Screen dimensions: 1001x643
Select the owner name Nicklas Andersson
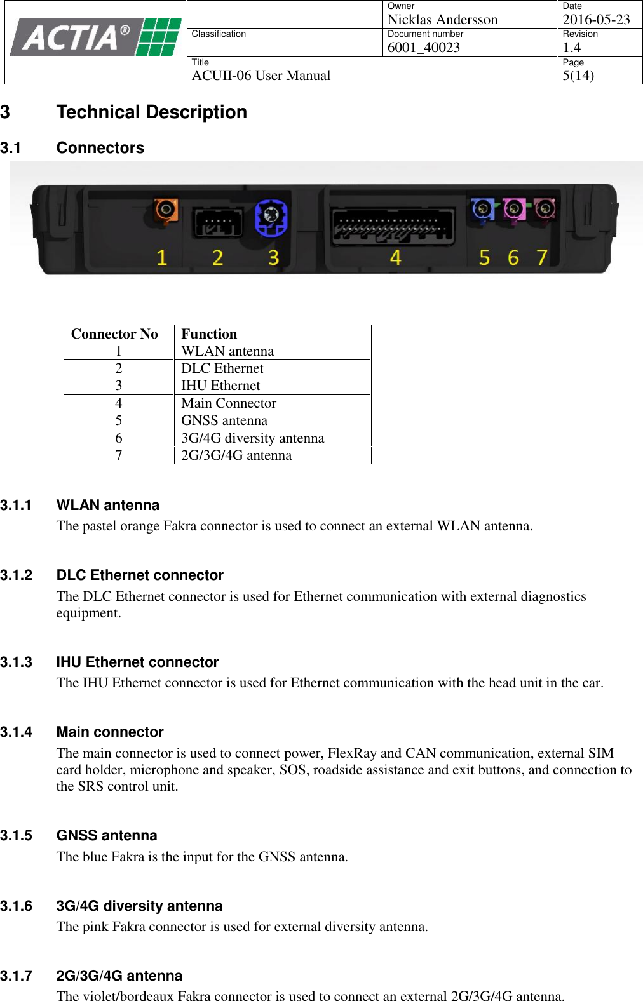pyautogui.click(x=442, y=20)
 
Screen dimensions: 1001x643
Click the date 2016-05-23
pyautogui.click(x=596, y=20)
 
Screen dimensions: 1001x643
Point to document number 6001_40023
pyautogui.click(x=423, y=48)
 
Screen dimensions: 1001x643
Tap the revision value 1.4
pyautogui.click(x=571, y=48)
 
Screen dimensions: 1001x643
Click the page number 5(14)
pyautogui.click(x=578, y=76)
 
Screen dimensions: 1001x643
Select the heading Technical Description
pyautogui.click(x=151, y=112)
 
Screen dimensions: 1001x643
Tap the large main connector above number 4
pyautogui.click(x=393, y=225)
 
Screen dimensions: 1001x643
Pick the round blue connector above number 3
pyautogui.click(x=271, y=215)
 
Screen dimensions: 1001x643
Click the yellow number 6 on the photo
pyautogui.click(x=513, y=257)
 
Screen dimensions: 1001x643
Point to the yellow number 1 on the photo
pyautogui.click(x=161, y=257)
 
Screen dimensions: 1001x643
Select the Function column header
pyautogui.click(x=209, y=334)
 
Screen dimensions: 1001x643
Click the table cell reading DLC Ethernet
pyautogui.click(x=222, y=368)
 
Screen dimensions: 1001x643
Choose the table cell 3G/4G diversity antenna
pyautogui.click(x=252, y=438)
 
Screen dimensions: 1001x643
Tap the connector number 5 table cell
pyautogui.click(x=119, y=420)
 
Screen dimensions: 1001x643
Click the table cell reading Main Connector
pyautogui.click(x=228, y=403)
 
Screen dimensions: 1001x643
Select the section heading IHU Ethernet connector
pyautogui.click(x=137, y=662)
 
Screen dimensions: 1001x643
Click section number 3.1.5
pyautogui.click(x=17, y=836)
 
